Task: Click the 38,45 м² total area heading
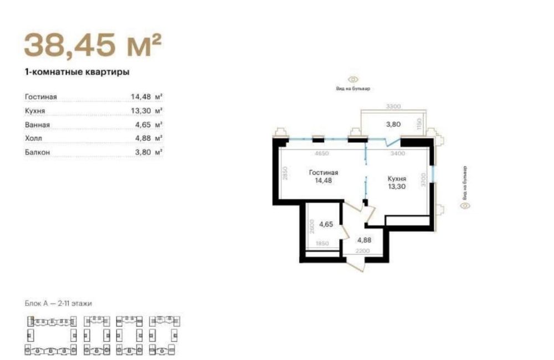92,45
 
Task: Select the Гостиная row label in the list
41,97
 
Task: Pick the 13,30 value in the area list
141,111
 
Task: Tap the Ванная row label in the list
38,125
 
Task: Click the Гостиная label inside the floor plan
324,172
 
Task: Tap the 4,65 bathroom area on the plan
325,224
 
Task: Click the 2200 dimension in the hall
362,251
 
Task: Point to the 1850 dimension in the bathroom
323,244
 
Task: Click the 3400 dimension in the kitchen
398,153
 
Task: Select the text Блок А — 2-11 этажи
58,304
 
